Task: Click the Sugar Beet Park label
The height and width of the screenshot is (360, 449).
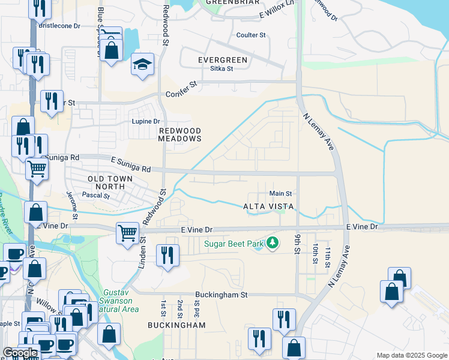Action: click(x=234, y=244)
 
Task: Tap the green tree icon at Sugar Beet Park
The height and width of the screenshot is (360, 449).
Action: click(x=273, y=243)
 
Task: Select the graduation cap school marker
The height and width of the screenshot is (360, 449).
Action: click(x=142, y=65)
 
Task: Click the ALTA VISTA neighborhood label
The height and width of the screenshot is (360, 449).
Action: click(x=268, y=206)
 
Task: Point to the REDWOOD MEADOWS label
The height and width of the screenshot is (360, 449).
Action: click(x=179, y=134)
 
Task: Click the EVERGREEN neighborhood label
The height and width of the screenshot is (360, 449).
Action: click(x=223, y=60)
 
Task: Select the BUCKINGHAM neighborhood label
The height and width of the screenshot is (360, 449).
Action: click(x=176, y=325)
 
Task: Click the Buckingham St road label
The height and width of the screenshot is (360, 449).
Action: click(x=221, y=295)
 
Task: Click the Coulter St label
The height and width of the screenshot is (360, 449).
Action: click(x=251, y=35)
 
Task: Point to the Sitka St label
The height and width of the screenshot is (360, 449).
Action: click(x=221, y=69)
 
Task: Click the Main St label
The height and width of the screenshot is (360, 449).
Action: click(x=280, y=194)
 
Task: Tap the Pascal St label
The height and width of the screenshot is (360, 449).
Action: click(x=95, y=196)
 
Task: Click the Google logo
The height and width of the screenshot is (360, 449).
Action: click(x=20, y=353)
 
